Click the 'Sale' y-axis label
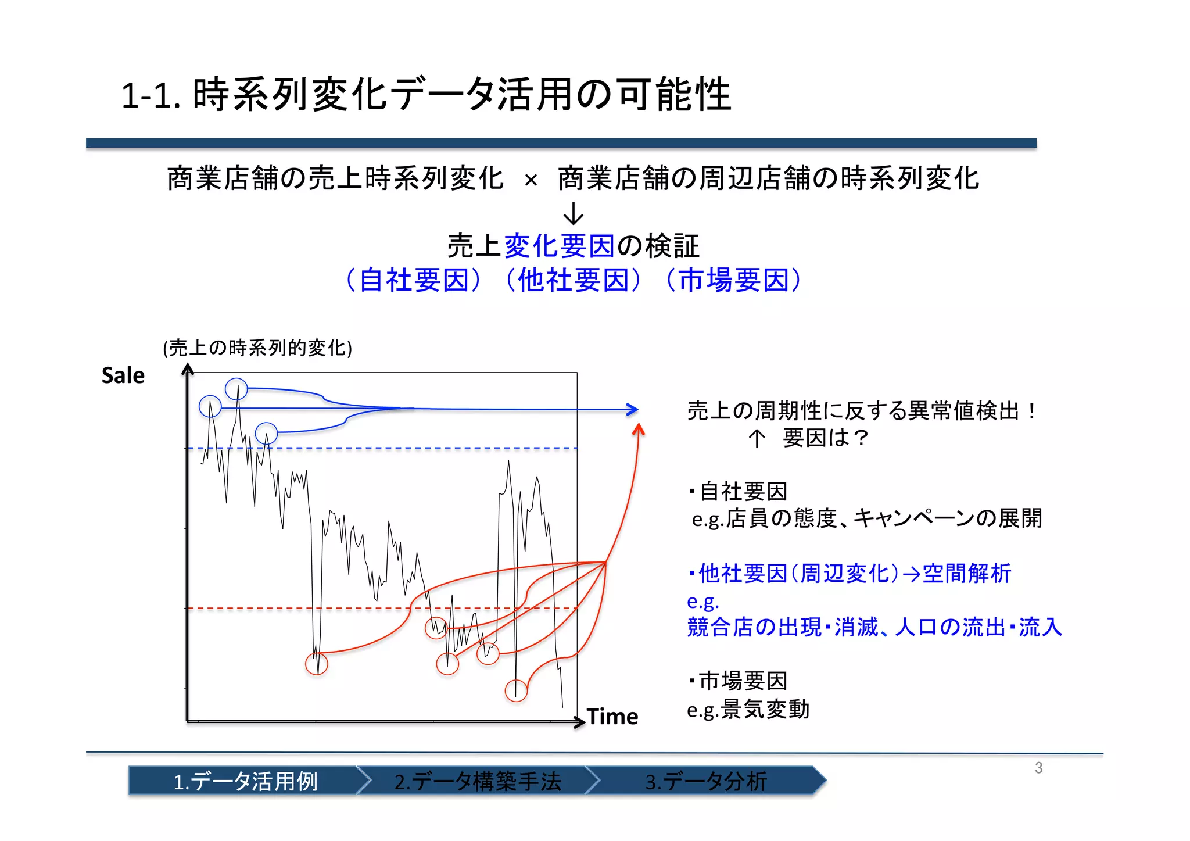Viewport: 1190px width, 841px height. (x=123, y=375)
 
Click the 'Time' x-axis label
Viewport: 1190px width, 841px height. (x=612, y=717)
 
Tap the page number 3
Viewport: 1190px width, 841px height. (x=1038, y=768)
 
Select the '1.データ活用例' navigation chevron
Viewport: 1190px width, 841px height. (x=245, y=781)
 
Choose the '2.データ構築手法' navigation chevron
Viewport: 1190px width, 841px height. (x=478, y=781)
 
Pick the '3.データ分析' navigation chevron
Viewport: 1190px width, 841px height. (x=706, y=781)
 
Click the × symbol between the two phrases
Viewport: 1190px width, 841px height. (x=531, y=180)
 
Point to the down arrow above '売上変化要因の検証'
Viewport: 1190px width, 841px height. (x=573, y=213)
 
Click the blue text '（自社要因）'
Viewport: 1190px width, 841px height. (x=414, y=280)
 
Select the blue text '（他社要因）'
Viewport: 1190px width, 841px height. (x=574, y=280)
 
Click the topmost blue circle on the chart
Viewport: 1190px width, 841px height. (x=236, y=389)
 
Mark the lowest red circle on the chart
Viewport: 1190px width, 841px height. (x=516, y=690)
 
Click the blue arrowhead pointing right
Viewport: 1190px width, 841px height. (x=633, y=410)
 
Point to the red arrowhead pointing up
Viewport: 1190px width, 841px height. (x=639, y=430)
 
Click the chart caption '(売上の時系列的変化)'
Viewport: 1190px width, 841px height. (x=257, y=348)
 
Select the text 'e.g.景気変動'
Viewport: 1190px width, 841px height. (x=748, y=710)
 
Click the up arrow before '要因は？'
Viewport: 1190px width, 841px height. (x=756, y=438)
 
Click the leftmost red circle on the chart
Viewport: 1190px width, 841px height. (x=317, y=664)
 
